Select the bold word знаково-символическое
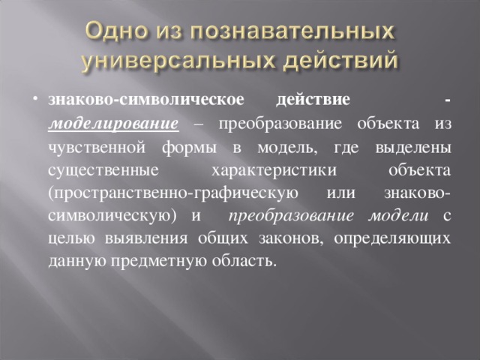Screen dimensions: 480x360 point(146,100)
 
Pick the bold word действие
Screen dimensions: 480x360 point(313,100)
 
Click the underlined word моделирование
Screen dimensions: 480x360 point(113,124)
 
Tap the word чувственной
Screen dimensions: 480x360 point(97,148)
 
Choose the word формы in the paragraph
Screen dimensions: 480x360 point(189,148)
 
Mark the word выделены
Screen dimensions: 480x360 point(413,148)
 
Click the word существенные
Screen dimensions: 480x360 point(103,171)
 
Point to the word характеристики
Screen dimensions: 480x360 point(274,171)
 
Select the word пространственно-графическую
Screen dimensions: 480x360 point(173,193)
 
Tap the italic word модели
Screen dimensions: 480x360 point(398,216)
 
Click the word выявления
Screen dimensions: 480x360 point(146,238)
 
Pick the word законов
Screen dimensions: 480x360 point(291,239)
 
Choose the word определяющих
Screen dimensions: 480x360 point(392,239)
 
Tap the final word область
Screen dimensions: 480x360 point(244,261)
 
